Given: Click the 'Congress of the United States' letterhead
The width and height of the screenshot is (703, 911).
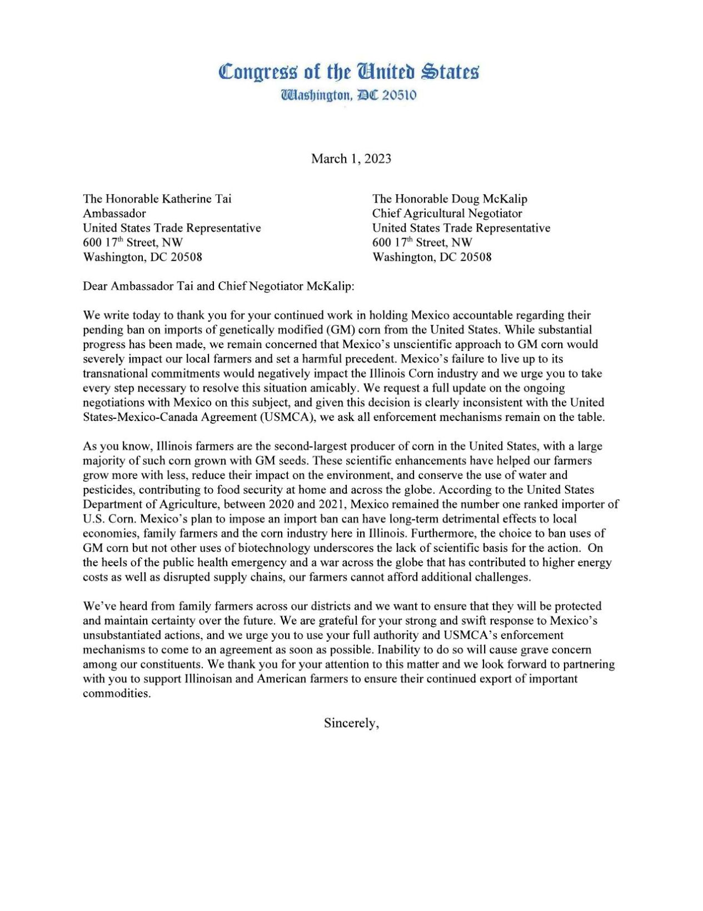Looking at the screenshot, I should tap(348, 72).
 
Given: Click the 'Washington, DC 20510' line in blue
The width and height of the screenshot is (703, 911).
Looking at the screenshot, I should tap(348, 95).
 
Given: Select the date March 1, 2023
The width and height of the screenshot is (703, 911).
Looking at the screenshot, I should tap(351, 159).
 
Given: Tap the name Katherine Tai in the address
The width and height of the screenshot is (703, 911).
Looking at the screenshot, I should tap(196, 199).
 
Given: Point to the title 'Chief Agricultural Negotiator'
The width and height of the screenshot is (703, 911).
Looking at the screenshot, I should tap(447, 214).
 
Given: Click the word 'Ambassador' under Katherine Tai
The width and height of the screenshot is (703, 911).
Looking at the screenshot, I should tap(114, 214).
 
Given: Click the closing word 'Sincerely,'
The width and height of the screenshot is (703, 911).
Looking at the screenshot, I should tap(351, 723).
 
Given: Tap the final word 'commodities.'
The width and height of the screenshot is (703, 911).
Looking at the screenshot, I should tap(117, 694).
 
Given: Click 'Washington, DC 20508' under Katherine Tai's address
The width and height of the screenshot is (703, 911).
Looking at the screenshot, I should tap(142, 257).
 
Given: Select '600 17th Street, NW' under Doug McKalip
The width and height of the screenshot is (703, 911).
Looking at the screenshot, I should tap(422, 242).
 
